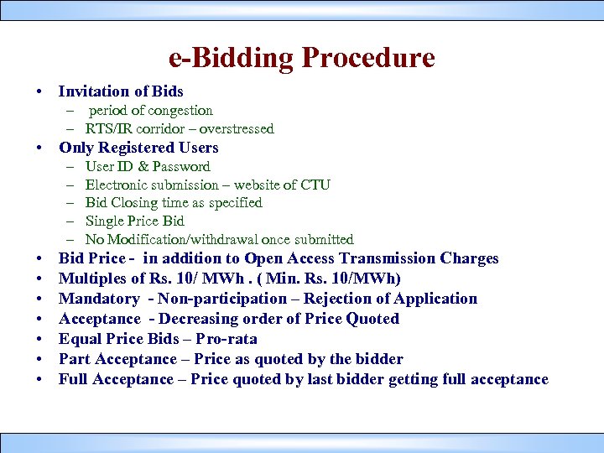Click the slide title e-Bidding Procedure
pos(302,59)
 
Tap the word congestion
pos(179,111)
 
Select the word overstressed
pos(238,129)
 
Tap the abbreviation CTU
pos(315,185)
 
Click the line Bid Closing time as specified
pos(174,203)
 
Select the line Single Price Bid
pos(134,221)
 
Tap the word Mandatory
pos(99,299)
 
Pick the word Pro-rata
pos(226,339)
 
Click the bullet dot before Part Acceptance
pos(39,360)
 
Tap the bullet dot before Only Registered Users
pos(39,148)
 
